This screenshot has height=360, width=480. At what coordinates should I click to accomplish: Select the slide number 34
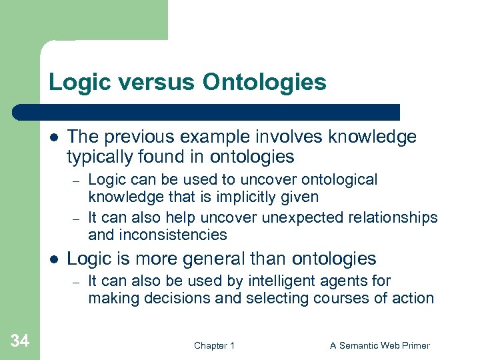click(x=20, y=341)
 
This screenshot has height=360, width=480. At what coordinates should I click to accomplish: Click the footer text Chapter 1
click(x=214, y=345)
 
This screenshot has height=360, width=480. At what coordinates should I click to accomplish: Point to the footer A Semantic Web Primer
click(x=380, y=345)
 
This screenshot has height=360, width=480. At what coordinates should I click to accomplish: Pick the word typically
click(x=98, y=157)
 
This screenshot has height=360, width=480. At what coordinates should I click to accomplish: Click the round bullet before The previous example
click(x=53, y=137)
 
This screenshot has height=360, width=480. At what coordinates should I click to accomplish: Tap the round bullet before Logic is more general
click(x=53, y=259)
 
